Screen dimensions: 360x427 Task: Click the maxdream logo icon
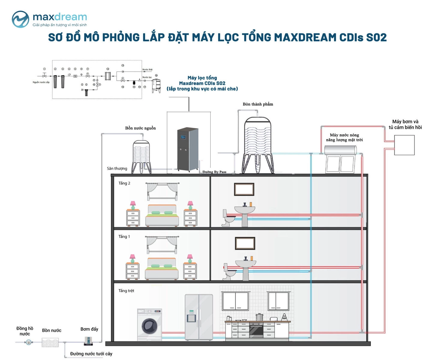pos(20,19)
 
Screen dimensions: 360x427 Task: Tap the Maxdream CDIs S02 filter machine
pos(188,149)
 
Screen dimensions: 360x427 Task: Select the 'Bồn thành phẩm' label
pos(258,104)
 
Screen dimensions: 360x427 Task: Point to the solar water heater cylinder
pos(340,150)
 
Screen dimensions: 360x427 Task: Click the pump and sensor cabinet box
pos(404,145)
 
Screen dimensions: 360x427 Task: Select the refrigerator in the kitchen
pos(199,317)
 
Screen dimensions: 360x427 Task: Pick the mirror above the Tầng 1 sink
pos(245,243)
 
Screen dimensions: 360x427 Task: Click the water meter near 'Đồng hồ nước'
pos(29,342)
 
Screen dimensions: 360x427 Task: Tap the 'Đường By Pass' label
pos(214,172)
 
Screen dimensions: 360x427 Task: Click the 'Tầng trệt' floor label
pos(126,291)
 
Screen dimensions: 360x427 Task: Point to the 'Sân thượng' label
pos(117,169)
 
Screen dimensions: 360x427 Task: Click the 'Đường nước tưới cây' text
pos(91,354)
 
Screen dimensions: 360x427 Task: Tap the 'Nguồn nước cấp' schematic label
pos(41,82)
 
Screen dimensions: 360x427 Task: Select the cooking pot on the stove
pos(259,317)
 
